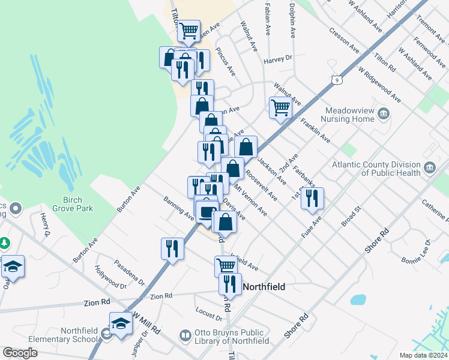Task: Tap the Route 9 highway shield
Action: coord(338,79)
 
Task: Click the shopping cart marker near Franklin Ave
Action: coord(280,108)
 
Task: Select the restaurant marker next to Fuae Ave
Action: coord(312,198)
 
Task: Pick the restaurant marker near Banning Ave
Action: coord(172,248)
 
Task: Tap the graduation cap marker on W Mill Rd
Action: coord(121,323)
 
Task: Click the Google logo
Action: coord(20,353)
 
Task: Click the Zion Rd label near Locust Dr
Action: coord(161,296)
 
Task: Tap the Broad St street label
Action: coord(350,216)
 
